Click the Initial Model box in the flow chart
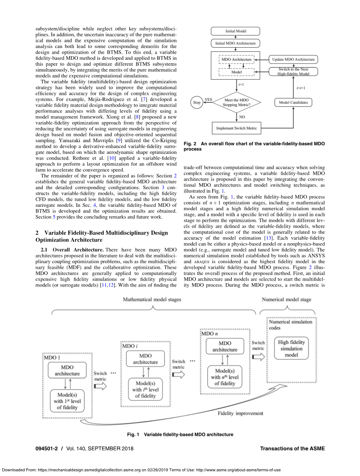pos(235,31)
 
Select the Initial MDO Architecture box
pos(235,43)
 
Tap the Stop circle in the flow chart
pos(197,102)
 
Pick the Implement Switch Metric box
pos(236,128)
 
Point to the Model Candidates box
pos(293,102)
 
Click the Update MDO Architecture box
pos(293,59)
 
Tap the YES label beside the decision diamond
pos(208,100)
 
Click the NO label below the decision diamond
pos(242,117)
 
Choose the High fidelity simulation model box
pos(291,348)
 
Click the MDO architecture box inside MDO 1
pos(67,370)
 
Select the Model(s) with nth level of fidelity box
pos(225,377)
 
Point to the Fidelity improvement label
pos(240,413)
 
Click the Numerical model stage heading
pos(287,299)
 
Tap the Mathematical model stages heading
pos(152,299)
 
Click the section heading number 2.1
pos(45,250)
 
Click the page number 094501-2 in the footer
pos(48,448)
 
